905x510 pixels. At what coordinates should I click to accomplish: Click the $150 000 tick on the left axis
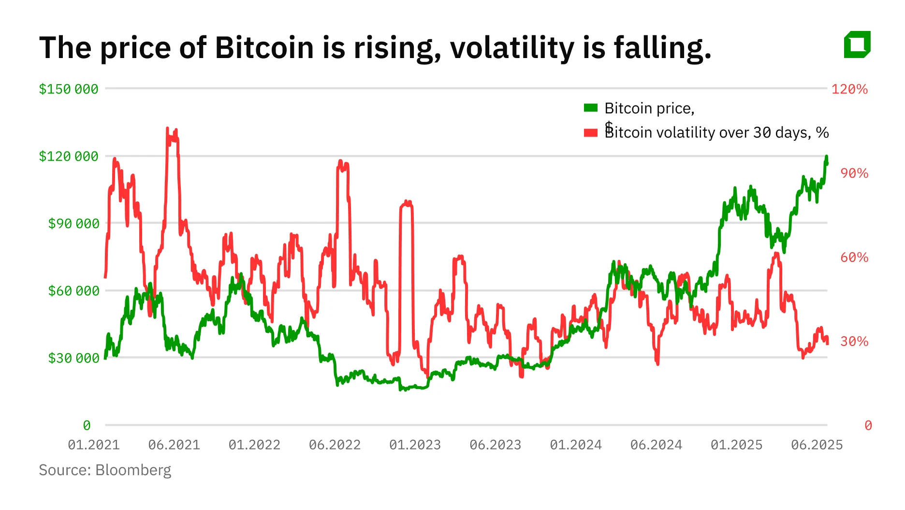68,89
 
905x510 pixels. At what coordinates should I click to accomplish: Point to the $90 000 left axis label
73,224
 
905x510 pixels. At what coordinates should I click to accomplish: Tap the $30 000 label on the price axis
73,358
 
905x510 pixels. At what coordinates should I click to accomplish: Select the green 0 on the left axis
87,425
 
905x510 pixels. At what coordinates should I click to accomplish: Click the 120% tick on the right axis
849,89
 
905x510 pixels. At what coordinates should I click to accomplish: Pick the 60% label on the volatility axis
854,257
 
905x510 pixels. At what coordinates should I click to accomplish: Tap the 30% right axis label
854,342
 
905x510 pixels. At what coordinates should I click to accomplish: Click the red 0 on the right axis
868,425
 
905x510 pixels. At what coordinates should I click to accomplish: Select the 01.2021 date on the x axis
94,445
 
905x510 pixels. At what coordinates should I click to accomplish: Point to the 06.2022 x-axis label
335,445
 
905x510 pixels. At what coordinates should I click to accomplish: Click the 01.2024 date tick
576,445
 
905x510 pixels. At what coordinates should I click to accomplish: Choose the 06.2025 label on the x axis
817,445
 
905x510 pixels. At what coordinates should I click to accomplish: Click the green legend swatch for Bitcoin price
591,108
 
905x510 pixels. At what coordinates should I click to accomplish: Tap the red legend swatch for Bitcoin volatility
591,133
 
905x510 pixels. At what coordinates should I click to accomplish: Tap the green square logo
857,45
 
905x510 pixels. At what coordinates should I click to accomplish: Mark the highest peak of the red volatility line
167,129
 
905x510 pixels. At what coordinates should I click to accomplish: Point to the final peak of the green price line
826,157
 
